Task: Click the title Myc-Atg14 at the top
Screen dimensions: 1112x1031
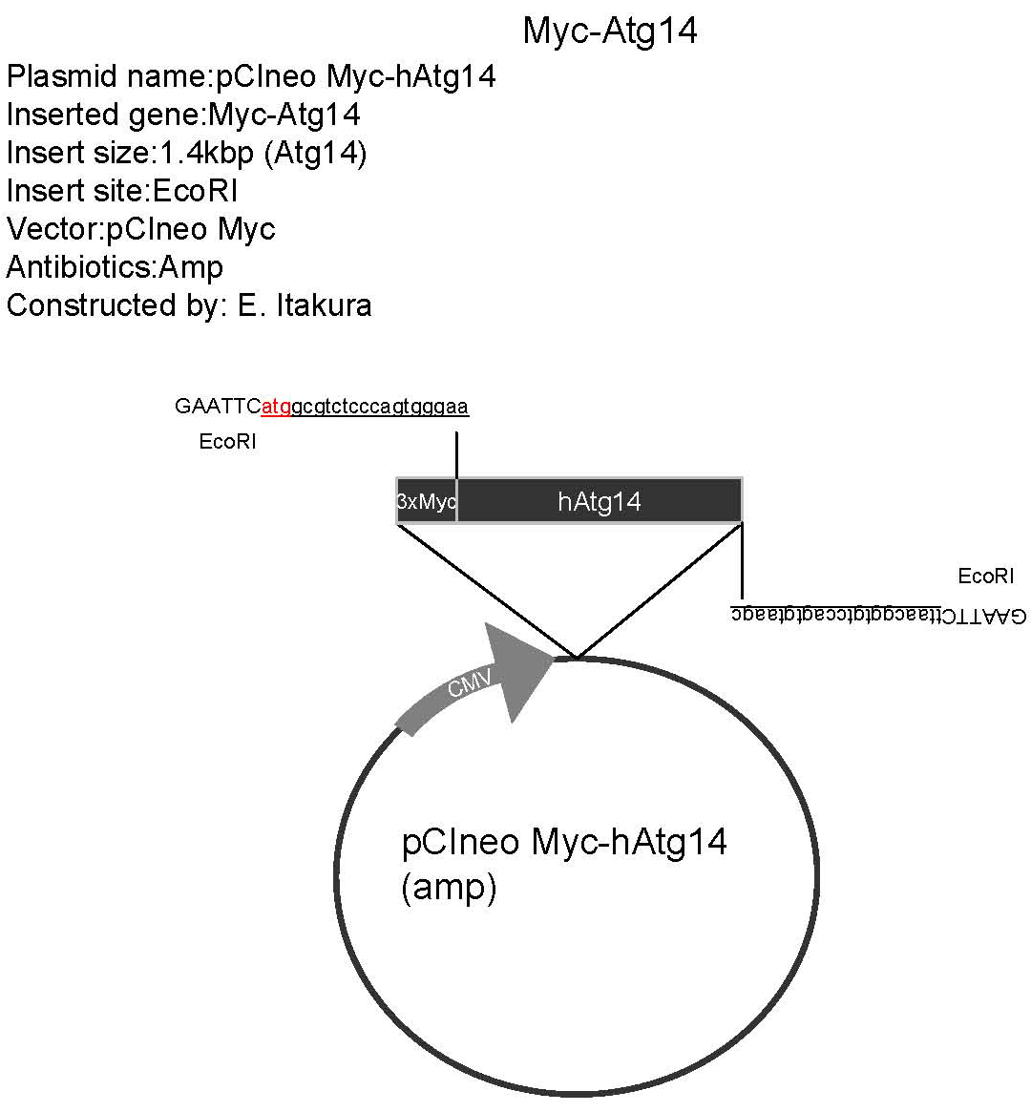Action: click(610, 31)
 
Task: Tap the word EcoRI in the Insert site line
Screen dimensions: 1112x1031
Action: click(194, 191)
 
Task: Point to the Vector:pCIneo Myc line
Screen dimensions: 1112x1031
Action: click(140, 229)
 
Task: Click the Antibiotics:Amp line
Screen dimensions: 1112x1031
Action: click(115, 267)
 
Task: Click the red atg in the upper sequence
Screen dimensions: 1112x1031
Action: click(276, 407)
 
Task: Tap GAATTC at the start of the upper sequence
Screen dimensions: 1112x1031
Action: click(218, 407)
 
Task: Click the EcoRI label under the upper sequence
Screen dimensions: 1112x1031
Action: click(227, 443)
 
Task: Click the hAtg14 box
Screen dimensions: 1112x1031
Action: click(600, 501)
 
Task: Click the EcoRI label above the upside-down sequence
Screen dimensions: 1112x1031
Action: click(985, 576)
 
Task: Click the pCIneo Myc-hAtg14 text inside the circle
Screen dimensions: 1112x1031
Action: click(564, 842)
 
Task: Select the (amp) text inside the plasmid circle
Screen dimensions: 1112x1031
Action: click(449, 888)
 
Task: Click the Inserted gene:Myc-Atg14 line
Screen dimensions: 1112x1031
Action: click(183, 115)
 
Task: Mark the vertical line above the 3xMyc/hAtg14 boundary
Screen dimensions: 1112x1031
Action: click(457, 455)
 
